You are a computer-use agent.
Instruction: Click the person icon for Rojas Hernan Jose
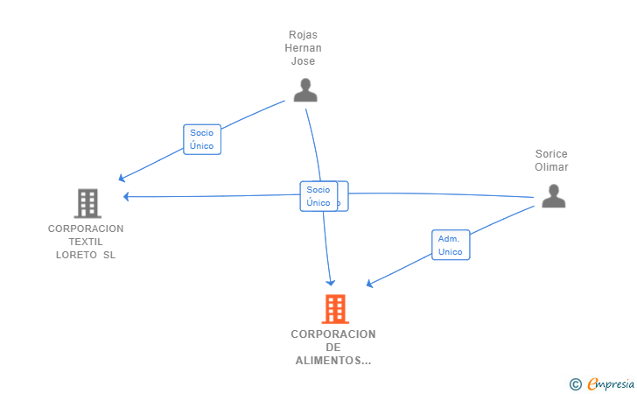click(304, 90)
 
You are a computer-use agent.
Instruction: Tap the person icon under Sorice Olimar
click(553, 196)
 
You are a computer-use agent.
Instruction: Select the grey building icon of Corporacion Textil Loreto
click(87, 203)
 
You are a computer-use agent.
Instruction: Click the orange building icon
click(334, 308)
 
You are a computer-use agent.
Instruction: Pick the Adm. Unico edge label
click(450, 245)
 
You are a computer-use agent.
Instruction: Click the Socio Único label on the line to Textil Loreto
click(201, 139)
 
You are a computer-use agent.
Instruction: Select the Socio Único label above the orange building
click(318, 196)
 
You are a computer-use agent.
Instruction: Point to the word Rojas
click(303, 35)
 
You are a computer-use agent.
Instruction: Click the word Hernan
click(303, 48)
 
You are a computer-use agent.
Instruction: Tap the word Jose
click(303, 61)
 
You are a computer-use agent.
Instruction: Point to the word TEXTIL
click(86, 242)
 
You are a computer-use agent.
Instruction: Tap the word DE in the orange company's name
click(333, 348)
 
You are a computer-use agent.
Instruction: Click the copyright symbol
click(575, 383)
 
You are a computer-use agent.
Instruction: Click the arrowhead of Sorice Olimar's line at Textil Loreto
click(127, 196)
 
